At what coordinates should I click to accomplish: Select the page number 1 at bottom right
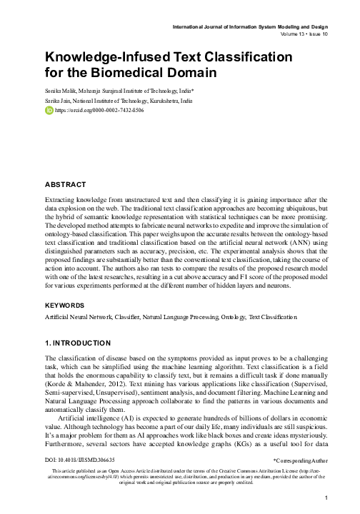(325, 498)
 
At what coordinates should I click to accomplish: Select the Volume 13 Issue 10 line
(294, 33)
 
